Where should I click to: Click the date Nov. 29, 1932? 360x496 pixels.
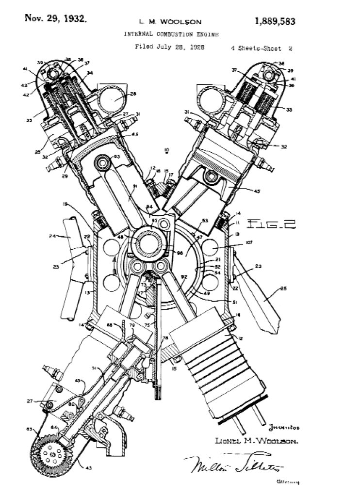pos(56,19)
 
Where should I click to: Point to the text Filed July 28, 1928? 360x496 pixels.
pos(169,48)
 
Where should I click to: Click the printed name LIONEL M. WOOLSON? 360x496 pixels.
pos(256,441)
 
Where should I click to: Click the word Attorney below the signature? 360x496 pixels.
pos(285,482)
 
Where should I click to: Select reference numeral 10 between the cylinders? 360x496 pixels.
pos(166,150)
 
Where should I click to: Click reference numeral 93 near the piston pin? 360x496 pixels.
pos(116,156)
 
